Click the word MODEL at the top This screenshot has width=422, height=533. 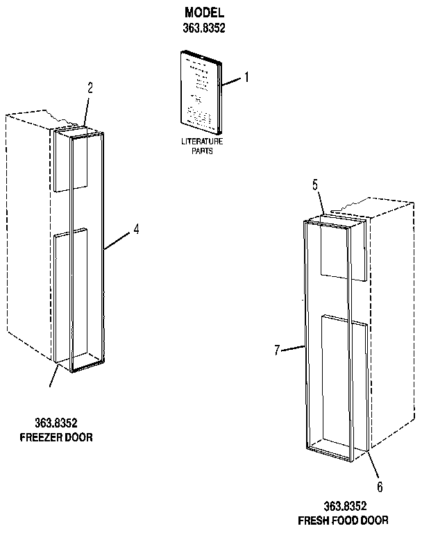click(x=205, y=13)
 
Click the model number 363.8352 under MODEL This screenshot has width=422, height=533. click(x=205, y=28)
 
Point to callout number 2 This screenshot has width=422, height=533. click(x=90, y=87)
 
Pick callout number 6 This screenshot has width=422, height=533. click(x=380, y=487)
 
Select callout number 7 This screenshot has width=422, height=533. click(x=277, y=350)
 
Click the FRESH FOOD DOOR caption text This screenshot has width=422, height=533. click(x=343, y=520)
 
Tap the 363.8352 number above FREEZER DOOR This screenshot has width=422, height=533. click(x=56, y=423)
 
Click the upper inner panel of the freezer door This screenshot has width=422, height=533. click(x=71, y=163)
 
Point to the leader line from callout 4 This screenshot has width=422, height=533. click(x=117, y=239)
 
